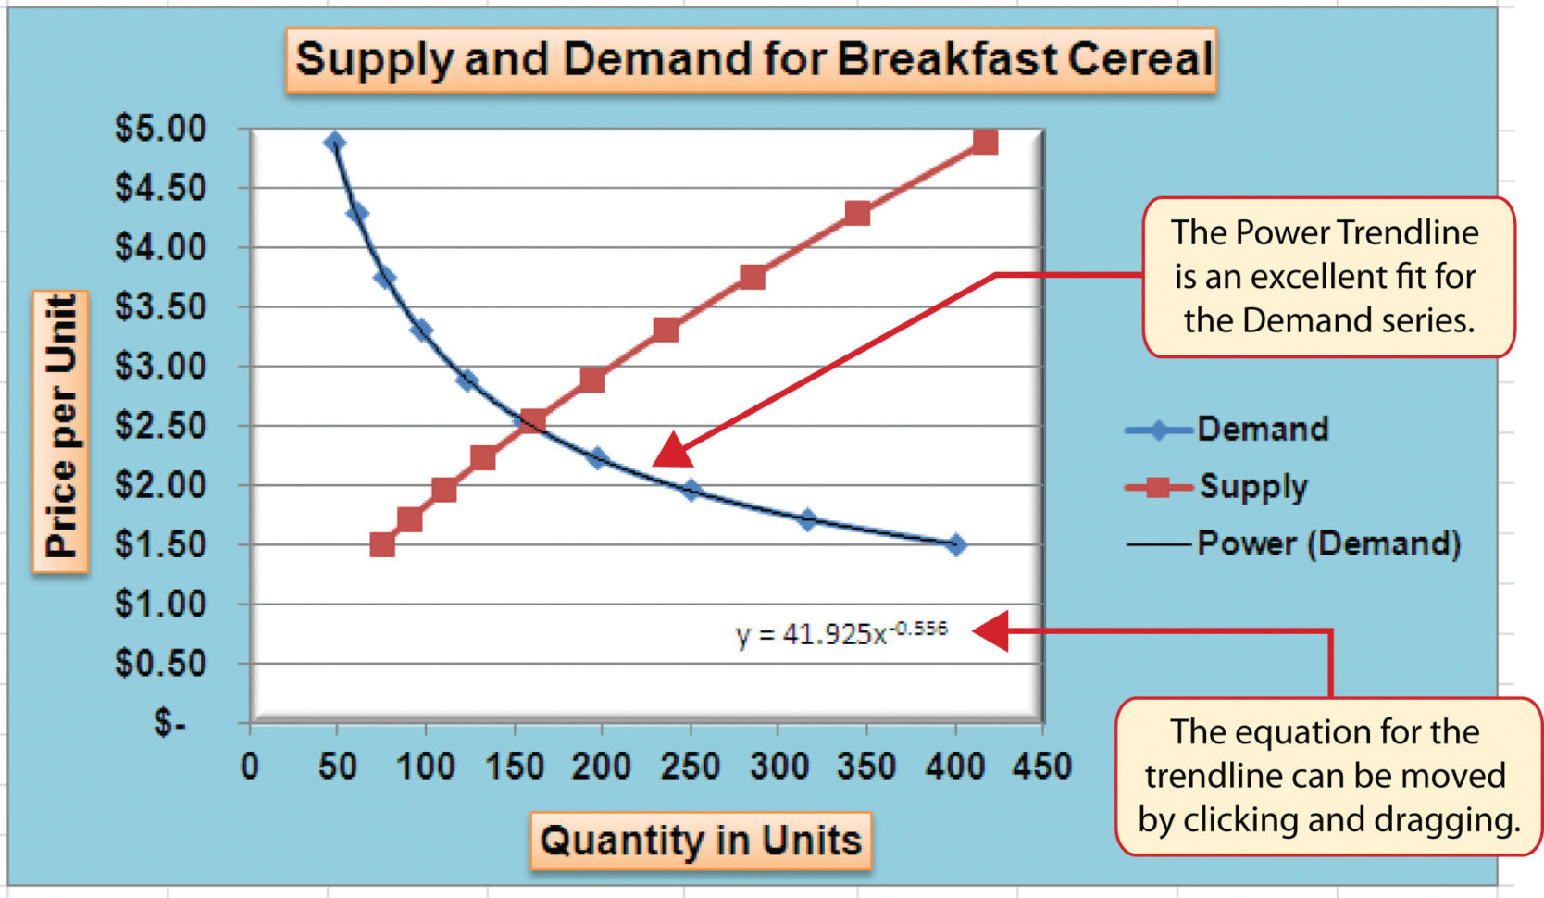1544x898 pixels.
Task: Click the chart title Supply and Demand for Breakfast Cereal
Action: pos(752,59)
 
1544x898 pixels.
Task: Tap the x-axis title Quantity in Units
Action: pos(701,841)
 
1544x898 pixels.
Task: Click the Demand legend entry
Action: pos(1262,429)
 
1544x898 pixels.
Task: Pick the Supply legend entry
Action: pos(1252,486)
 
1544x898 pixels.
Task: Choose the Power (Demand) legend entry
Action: pos(1327,543)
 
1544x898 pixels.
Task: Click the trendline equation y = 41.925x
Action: pos(840,633)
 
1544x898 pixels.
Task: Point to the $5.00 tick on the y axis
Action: pos(161,128)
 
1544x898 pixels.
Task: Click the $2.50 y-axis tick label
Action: pos(161,426)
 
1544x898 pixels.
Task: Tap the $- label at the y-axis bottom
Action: pos(170,722)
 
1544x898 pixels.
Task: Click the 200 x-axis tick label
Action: pos(602,767)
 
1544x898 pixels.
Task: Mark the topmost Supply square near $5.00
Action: pos(985,142)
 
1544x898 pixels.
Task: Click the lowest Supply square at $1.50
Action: pos(382,544)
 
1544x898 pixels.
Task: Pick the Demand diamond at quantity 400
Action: pos(956,544)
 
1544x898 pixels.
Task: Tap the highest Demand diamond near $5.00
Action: pos(335,142)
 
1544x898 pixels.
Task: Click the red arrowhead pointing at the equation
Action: pos(989,632)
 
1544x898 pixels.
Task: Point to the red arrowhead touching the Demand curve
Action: pos(674,450)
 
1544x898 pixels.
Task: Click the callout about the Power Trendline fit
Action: pos(1327,277)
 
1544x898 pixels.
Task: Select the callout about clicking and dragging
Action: pos(1327,776)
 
